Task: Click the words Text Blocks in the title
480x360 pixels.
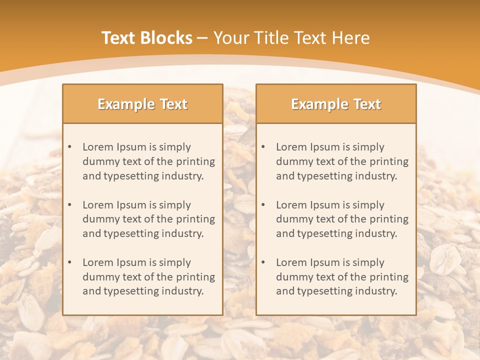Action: (x=146, y=38)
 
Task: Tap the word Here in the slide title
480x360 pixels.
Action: (x=351, y=38)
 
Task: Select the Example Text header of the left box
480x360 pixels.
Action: (x=142, y=104)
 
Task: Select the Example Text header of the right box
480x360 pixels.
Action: (x=336, y=104)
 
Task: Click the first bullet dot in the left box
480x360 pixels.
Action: (x=69, y=147)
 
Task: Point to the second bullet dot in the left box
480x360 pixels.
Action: (x=69, y=205)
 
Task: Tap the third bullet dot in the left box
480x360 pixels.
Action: (x=69, y=262)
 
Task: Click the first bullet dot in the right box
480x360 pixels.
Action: (x=263, y=147)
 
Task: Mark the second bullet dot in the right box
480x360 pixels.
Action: (x=263, y=205)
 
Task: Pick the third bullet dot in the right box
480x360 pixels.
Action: (x=263, y=262)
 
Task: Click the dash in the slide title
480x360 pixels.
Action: (x=202, y=38)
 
